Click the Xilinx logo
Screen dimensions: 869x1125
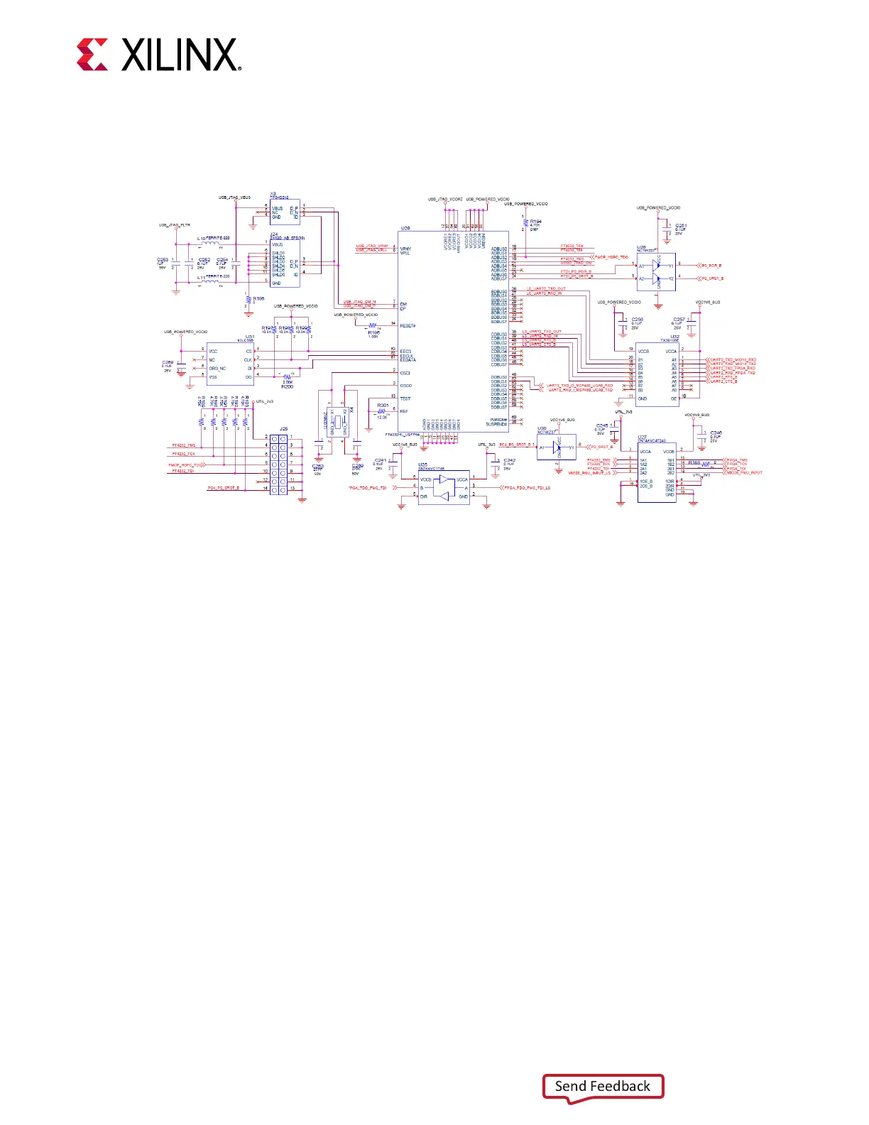pos(158,55)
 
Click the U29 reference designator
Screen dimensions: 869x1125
pos(405,229)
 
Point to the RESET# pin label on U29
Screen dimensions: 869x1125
pos(408,326)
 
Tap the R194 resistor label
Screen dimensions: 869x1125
pos(535,222)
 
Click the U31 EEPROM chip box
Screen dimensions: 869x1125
pos(230,364)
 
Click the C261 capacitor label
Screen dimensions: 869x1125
pos(680,226)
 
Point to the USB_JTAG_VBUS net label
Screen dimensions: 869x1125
pos(234,197)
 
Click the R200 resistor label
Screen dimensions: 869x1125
pos(287,386)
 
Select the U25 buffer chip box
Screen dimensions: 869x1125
pos(444,488)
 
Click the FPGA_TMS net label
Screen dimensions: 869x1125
pos(738,460)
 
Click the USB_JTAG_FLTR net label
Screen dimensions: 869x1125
pos(174,225)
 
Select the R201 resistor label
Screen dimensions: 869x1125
pos(383,406)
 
